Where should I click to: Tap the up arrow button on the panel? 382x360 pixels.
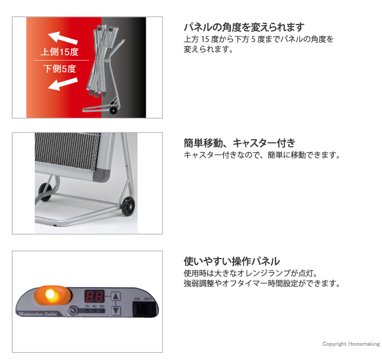click(115, 297)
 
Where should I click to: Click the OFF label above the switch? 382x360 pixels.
click(147, 299)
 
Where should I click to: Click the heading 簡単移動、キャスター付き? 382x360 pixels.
click(239, 143)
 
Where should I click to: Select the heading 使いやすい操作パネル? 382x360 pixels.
click(232, 261)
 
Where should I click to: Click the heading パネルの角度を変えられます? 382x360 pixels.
click(243, 27)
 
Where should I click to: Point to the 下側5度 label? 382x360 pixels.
click(60, 69)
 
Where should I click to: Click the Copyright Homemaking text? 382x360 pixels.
click(350, 344)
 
